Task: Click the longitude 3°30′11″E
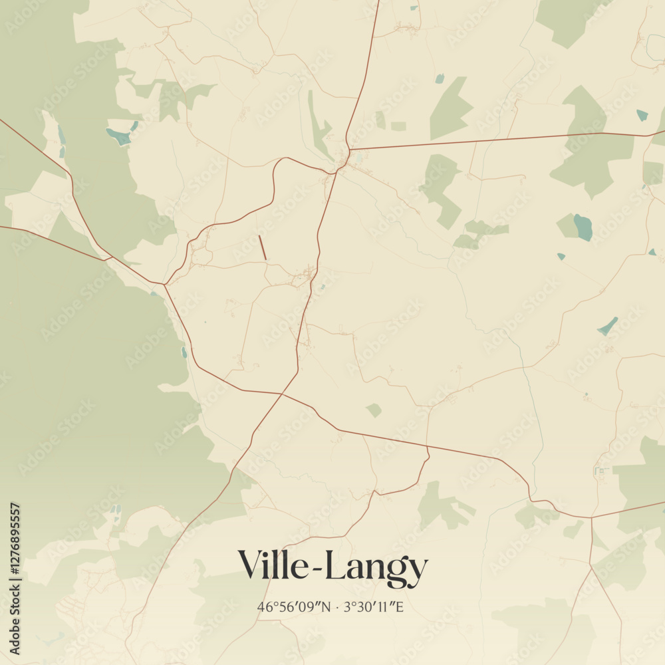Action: (x=372, y=606)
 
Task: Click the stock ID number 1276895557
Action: (x=15, y=578)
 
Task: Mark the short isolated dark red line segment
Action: (x=262, y=247)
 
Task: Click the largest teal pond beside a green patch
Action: (x=583, y=227)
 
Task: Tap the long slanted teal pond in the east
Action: (x=607, y=326)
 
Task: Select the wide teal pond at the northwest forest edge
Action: (x=119, y=136)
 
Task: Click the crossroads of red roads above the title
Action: (x=282, y=394)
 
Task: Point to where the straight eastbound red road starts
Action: (x=348, y=150)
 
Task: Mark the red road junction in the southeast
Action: (x=591, y=517)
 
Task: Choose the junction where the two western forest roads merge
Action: (x=164, y=285)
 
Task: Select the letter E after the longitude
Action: (x=400, y=606)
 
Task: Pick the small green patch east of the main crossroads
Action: (x=374, y=410)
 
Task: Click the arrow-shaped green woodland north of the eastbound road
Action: (x=450, y=108)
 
